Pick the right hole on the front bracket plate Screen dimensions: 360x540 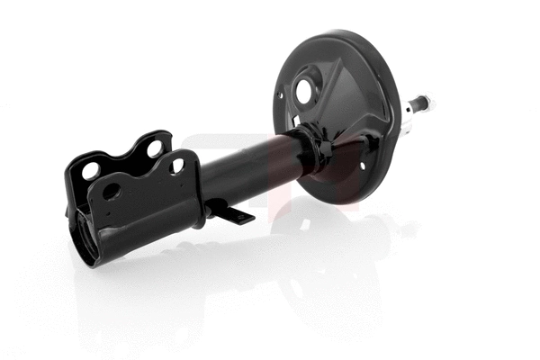(177, 165)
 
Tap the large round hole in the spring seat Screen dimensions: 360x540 (302, 91)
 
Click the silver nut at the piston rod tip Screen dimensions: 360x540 (424, 102)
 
